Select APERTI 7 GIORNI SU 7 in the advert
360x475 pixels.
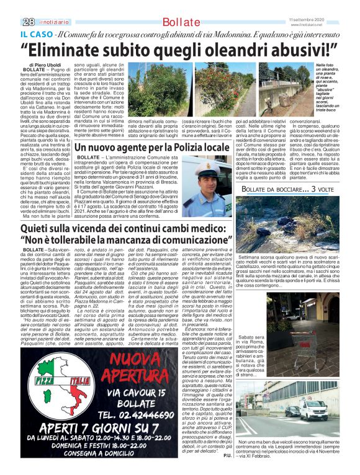[84, 430]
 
